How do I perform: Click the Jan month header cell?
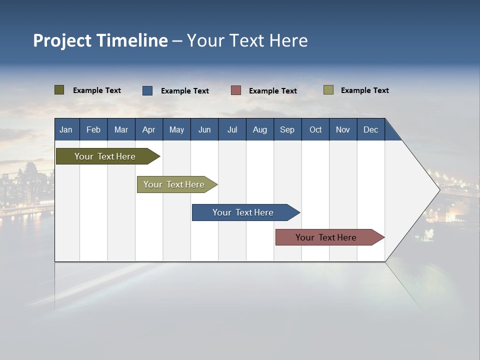coord(66,129)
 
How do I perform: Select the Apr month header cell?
coord(149,129)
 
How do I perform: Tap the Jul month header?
coord(232,129)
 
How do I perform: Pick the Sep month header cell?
coord(287,129)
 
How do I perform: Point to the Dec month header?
coord(370,129)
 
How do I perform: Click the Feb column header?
coord(93,129)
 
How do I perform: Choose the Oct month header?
coord(315,129)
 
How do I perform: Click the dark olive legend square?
coord(59,90)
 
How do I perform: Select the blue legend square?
coord(147,90)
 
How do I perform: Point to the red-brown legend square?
coord(236,90)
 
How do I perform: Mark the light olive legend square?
coord(328,90)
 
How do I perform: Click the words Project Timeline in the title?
coord(100,40)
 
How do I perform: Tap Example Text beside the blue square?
coord(184,91)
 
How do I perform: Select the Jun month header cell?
coord(204,129)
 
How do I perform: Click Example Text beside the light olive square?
coord(364,90)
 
